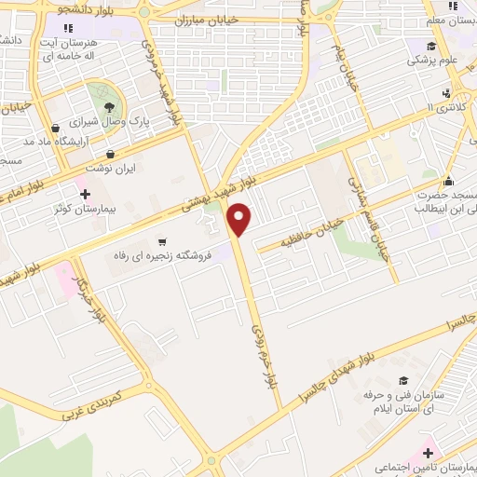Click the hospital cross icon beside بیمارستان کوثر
coord(86,195)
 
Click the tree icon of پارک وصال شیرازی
coord(109,108)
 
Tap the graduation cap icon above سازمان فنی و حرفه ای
coord(403,381)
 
